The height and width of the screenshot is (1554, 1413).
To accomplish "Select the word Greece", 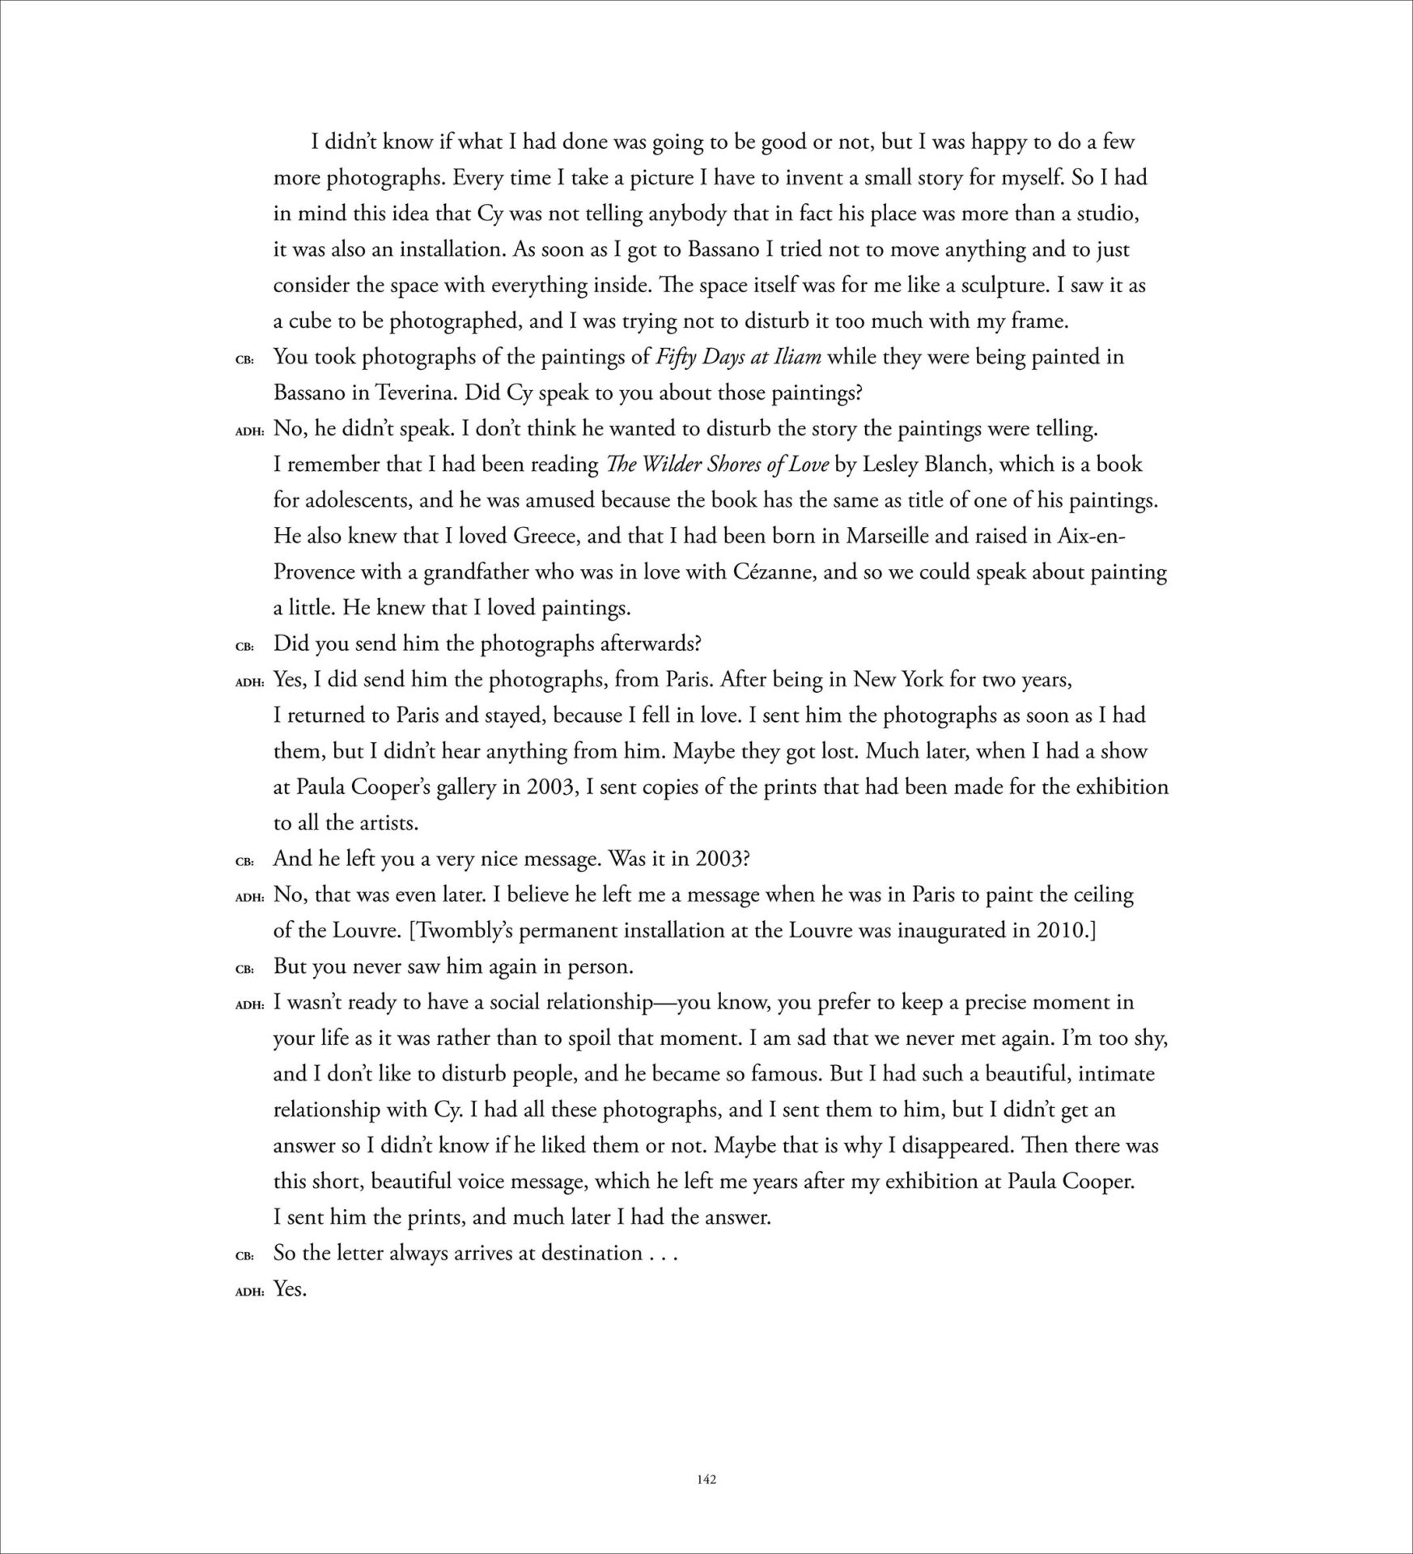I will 512,536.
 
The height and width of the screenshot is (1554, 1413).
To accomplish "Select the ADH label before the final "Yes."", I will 250,1292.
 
